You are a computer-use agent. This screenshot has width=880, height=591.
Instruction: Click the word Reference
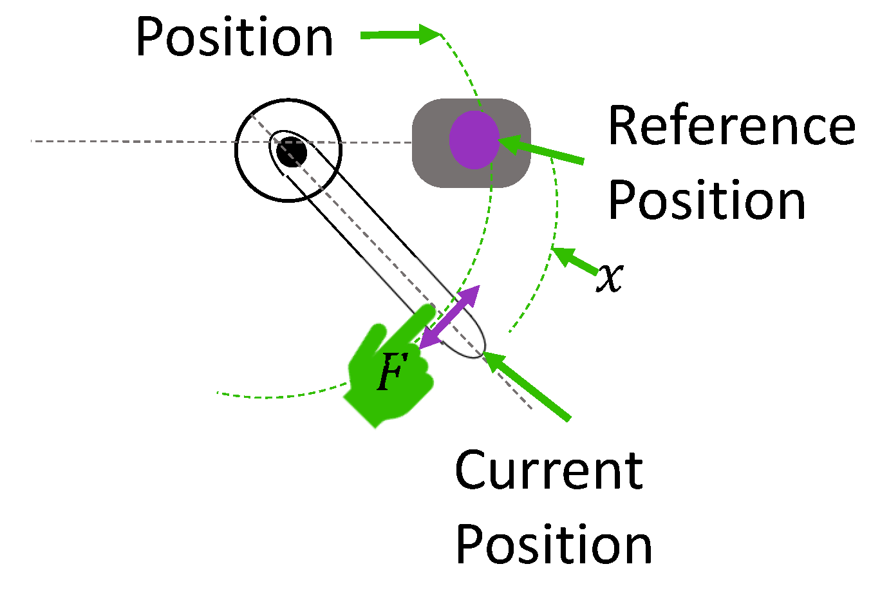tap(731, 126)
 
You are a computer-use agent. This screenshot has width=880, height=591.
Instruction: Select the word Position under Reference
tap(706, 201)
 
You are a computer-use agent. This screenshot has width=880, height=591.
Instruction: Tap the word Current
tap(548, 471)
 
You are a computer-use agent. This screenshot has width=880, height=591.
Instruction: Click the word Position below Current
tap(554, 545)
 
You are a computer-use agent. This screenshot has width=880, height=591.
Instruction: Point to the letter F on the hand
tap(391, 372)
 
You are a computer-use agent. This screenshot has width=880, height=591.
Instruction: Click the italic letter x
tap(610, 277)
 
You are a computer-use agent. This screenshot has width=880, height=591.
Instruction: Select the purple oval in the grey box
tap(474, 140)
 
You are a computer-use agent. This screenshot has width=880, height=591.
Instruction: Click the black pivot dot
tap(291, 152)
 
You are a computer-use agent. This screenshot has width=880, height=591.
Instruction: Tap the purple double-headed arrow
tap(449, 317)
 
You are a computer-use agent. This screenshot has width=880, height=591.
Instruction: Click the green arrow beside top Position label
tap(399, 35)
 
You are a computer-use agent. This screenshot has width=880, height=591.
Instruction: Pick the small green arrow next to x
tap(574, 260)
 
